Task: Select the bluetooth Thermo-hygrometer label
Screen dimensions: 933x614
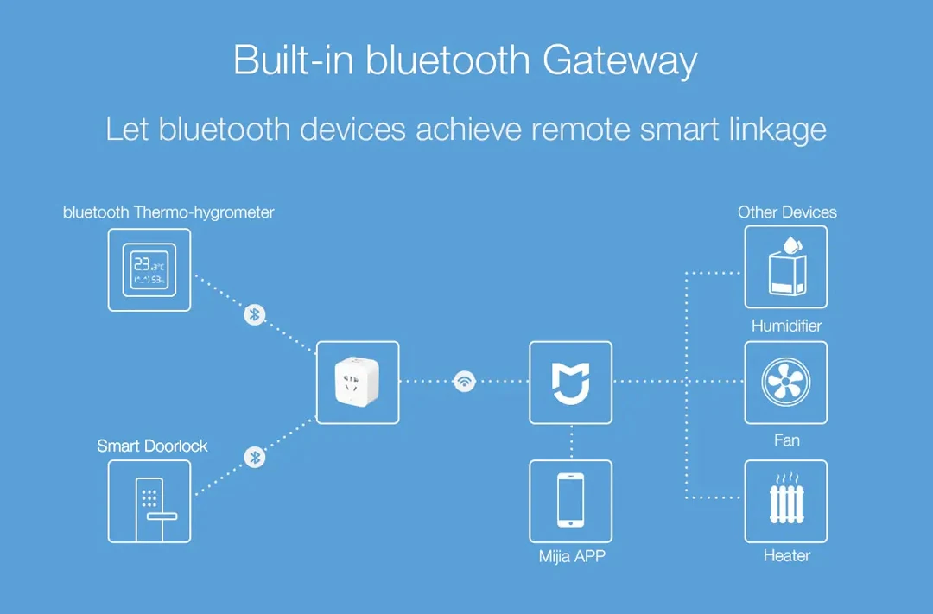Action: [168, 212]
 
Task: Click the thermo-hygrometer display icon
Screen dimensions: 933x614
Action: [149, 269]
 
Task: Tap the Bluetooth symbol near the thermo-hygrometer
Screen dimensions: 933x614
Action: [254, 314]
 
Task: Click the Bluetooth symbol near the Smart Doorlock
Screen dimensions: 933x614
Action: [254, 456]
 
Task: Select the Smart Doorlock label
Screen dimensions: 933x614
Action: [152, 446]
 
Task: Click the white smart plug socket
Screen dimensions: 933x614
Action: [358, 383]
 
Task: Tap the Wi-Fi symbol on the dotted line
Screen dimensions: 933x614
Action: [465, 381]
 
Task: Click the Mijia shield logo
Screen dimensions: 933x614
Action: [570, 383]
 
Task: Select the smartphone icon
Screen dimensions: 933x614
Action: [570, 501]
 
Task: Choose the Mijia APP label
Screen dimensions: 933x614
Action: [572, 556]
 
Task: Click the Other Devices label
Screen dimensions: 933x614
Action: [787, 212]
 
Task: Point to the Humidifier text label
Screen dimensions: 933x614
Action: [786, 326]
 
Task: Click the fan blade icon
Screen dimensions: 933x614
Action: [785, 383]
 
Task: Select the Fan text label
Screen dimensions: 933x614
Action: [786, 440]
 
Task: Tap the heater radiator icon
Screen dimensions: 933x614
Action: [785, 501]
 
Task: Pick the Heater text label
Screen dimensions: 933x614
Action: [786, 556]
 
